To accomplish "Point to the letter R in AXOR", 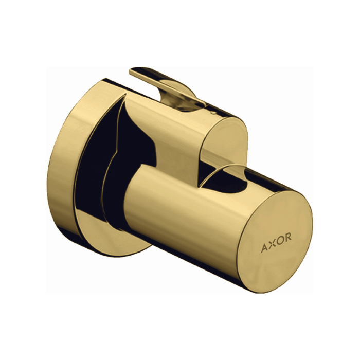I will tap(289, 237).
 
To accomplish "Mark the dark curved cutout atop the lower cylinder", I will tap(226, 177).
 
